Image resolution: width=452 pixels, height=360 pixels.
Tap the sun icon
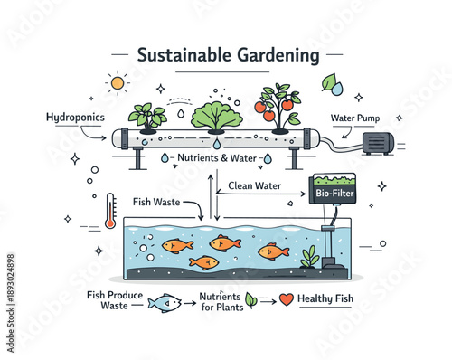click(118, 83)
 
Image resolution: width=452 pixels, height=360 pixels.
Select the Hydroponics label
click(77, 118)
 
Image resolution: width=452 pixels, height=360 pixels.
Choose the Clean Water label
click(254, 187)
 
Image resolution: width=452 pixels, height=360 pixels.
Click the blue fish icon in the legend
click(165, 303)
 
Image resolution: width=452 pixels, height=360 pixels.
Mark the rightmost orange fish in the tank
click(272, 251)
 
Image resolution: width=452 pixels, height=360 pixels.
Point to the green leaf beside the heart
click(250, 299)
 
